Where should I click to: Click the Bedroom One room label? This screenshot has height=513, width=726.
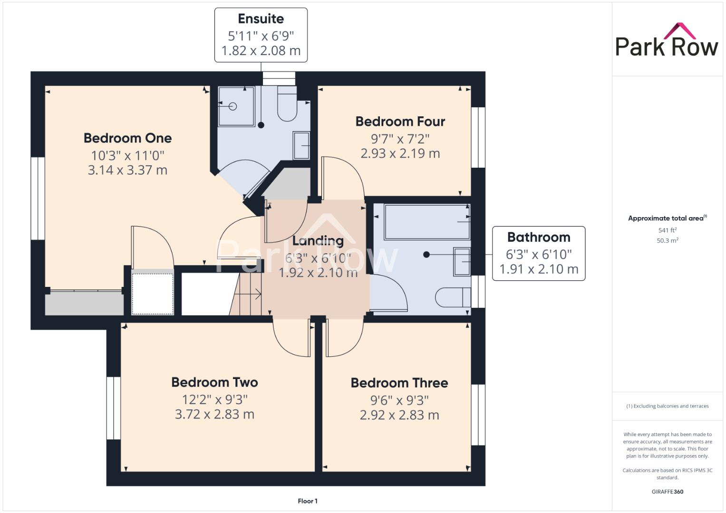click(x=127, y=138)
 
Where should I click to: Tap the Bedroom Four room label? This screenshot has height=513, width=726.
click(x=400, y=122)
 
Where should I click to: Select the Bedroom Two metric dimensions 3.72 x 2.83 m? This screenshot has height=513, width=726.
click(x=214, y=414)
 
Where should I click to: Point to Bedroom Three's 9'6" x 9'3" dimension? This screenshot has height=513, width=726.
click(x=399, y=400)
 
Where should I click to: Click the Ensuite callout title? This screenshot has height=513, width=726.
click(x=261, y=19)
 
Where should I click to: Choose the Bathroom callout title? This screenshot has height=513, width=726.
click(x=538, y=237)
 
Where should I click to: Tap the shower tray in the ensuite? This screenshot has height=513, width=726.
click(x=236, y=106)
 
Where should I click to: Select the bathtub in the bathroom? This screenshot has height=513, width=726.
click(x=426, y=222)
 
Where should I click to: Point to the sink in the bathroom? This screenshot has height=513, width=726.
click(x=462, y=262)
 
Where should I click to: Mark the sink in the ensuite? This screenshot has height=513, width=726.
click(x=301, y=145)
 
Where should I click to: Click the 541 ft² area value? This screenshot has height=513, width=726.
click(x=667, y=230)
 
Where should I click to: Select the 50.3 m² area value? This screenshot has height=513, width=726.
click(x=667, y=240)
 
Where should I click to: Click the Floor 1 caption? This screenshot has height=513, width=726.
click(x=308, y=501)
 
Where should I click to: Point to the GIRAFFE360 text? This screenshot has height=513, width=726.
click(x=667, y=492)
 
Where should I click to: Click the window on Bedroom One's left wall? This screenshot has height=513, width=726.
click(x=38, y=198)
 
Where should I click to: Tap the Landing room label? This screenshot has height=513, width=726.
click(x=318, y=241)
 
